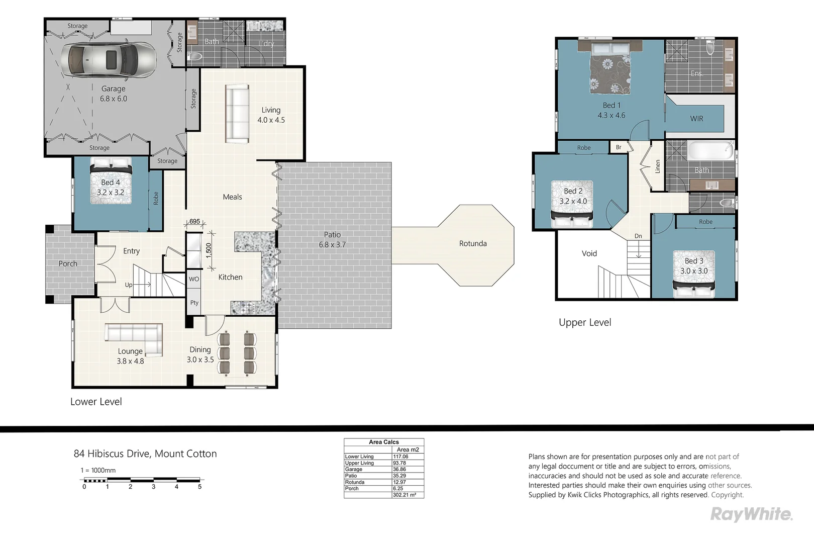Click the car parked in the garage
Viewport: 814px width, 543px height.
pos(109,59)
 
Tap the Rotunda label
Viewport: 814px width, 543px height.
pos(473,243)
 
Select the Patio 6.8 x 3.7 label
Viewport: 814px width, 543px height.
pos(332,240)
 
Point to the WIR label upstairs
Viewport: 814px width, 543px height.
pos(696,119)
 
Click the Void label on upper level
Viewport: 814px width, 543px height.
pos(589,253)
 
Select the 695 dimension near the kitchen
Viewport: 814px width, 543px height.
pos(194,221)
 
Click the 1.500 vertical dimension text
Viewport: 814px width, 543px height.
pos(209,250)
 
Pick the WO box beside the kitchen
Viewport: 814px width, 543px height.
pos(194,279)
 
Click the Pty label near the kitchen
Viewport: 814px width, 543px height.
pos(194,303)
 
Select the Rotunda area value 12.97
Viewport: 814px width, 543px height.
pos(399,482)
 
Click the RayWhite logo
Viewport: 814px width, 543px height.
pos(751,514)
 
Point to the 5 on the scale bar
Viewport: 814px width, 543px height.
pos(199,487)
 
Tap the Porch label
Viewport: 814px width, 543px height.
pos(68,263)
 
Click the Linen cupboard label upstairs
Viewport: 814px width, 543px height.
pos(658,166)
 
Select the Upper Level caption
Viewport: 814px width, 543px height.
pos(585,323)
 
